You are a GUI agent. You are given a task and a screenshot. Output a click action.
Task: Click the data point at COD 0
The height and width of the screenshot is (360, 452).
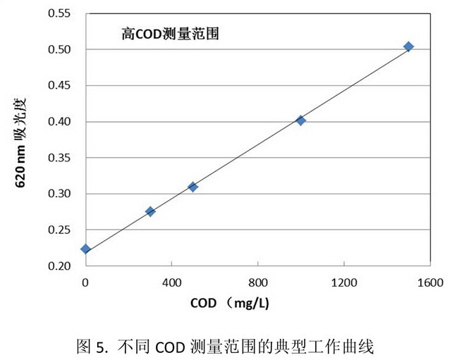tap(85, 249)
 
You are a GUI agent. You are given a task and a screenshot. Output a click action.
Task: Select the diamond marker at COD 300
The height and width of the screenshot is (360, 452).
tap(150, 211)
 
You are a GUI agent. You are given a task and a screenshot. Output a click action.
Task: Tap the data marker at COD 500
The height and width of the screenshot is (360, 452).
tap(193, 187)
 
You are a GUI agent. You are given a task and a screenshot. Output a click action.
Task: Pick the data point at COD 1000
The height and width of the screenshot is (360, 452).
tap(301, 120)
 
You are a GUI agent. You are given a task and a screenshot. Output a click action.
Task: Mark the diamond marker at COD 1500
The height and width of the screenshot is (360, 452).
tap(408, 46)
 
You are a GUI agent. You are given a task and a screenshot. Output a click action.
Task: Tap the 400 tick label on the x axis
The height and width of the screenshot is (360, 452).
tap(172, 283)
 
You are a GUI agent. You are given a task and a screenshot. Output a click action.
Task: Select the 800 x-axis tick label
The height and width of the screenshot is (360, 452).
tap(258, 283)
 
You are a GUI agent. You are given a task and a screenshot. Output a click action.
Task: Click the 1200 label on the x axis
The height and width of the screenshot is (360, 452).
tap(343, 283)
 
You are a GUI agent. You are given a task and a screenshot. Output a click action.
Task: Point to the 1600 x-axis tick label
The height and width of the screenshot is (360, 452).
tap(429, 283)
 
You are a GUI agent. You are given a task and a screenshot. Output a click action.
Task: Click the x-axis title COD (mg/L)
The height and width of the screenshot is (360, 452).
tap(231, 305)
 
